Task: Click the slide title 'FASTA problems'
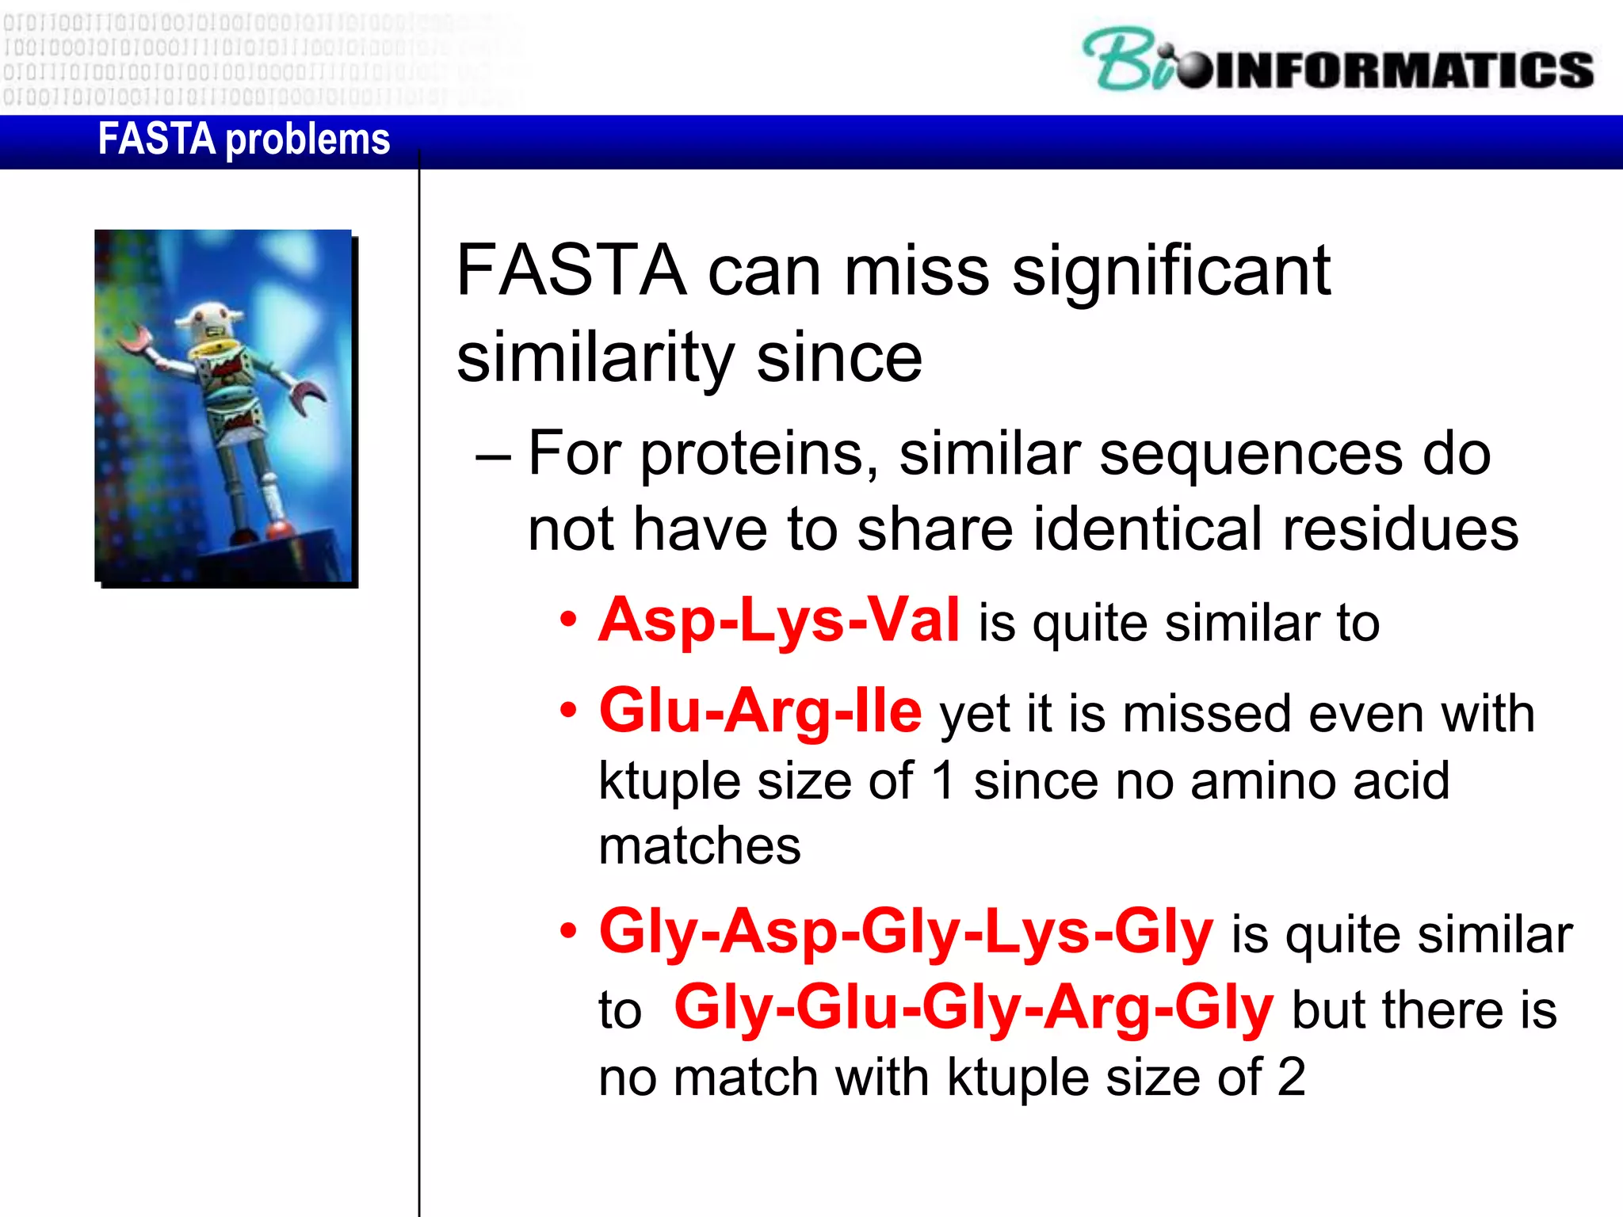tap(243, 139)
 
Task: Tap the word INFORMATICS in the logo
tap(1403, 70)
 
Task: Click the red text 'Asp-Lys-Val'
tap(779, 620)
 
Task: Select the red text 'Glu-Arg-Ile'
tap(760, 711)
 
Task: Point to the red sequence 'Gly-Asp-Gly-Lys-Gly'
tap(906, 932)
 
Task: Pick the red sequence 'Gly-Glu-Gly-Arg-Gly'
tap(973, 1008)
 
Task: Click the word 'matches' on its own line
tap(700, 846)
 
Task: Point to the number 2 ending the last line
tap(1291, 1078)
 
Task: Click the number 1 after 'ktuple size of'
tap(942, 781)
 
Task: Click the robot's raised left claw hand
tap(136, 341)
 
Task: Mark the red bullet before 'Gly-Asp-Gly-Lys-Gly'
tap(567, 930)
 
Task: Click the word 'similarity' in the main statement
tap(595, 358)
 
